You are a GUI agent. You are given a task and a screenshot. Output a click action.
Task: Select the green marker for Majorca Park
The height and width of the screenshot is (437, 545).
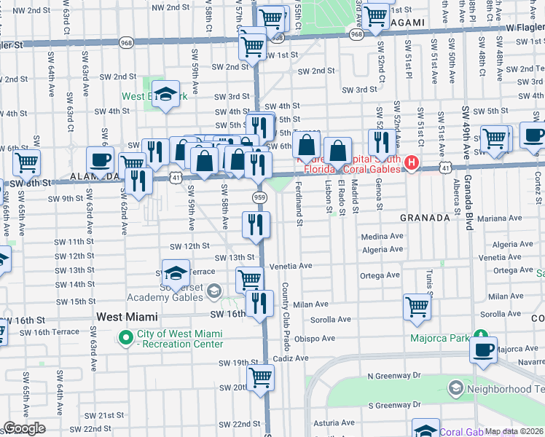click(480, 336)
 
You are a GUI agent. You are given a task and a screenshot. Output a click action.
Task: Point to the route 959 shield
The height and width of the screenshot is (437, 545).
click(260, 197)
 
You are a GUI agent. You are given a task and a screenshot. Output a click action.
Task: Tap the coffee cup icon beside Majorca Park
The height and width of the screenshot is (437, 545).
click(483, 350)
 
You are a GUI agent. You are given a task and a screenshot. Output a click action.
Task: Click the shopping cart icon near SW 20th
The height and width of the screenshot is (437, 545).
click(260, 378)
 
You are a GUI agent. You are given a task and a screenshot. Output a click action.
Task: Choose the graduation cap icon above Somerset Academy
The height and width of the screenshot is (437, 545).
click(175, 274)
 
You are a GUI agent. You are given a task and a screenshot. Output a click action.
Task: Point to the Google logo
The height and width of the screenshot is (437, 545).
click(24, 428)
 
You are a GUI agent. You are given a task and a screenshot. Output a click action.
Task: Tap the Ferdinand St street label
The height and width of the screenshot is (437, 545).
click(299, 200)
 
